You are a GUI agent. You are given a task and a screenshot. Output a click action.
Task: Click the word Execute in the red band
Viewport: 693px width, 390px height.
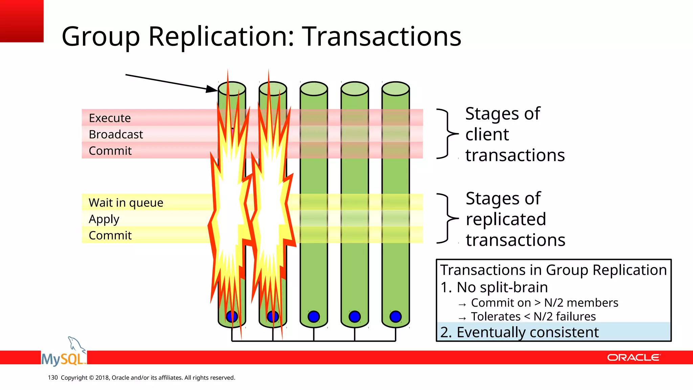click(110, 118)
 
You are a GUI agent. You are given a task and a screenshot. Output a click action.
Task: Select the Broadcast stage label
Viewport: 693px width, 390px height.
click(116, 134)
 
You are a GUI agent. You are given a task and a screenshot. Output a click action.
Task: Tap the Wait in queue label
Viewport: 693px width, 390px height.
click(126, 202)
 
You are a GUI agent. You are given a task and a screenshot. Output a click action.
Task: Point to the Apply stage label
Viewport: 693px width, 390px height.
click(104, 219)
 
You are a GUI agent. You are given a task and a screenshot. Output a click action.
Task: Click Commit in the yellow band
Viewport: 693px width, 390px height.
click(110, 235)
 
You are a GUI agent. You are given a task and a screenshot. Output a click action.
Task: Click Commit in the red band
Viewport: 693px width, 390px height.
click(110, 151)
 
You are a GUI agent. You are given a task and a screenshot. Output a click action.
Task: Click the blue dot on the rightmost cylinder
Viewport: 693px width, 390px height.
click(395, 317)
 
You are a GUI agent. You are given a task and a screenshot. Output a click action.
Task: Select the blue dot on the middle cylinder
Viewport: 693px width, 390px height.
click(314, 317)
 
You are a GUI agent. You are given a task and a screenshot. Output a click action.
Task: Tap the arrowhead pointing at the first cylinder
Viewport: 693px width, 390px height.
click(212, 89)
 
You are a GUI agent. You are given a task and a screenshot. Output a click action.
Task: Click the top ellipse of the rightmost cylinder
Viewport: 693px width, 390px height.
click(395, 89)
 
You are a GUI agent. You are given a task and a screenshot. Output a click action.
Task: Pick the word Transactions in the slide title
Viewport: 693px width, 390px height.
click(381, 36)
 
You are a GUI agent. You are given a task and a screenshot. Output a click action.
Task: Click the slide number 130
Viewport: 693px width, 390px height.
click(53, 377)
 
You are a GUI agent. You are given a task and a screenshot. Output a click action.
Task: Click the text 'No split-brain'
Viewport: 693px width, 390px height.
click(502, 287)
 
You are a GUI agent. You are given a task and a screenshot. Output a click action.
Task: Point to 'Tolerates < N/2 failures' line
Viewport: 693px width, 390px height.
click(533, 316)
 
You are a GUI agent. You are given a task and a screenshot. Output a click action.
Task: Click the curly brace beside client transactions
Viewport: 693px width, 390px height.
click(447, 134)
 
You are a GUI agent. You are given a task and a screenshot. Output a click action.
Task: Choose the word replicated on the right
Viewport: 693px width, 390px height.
click(506, 219)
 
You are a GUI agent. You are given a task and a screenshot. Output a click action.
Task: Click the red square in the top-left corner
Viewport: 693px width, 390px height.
click(22, 21)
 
